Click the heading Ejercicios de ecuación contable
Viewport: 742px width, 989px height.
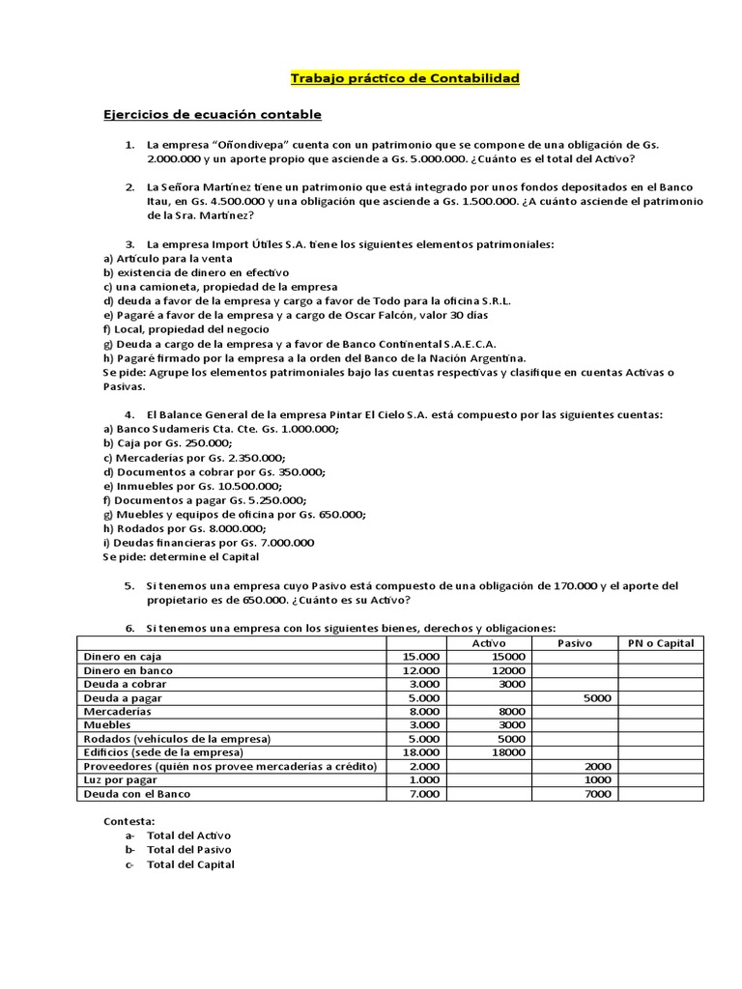click(213, 115)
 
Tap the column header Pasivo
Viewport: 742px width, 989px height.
click(575, 643)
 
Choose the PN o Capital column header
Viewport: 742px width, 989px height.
click(661, 643)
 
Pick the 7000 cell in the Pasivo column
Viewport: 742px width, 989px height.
click(598, 794)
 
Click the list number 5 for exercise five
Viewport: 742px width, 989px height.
click(128, 586)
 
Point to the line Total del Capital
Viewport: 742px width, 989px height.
click(190, 864)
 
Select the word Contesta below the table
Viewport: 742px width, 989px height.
click(128, 821)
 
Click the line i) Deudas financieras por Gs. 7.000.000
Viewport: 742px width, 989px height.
click(209, 543)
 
